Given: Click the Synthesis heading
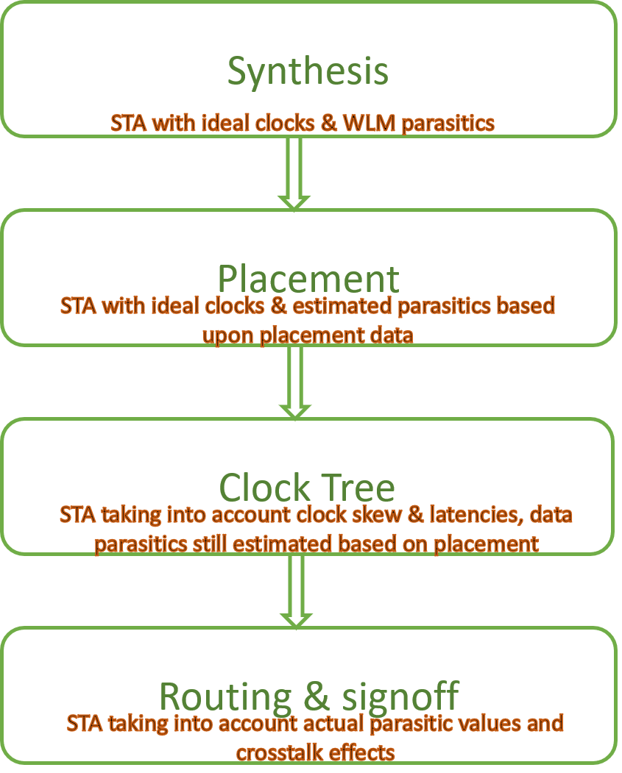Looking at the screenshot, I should [308, 71].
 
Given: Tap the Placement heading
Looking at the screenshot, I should [308, 279].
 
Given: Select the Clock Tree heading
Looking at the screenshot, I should [307, 488].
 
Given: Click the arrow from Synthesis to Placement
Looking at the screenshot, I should [294, 173].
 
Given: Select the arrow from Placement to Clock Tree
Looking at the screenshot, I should [294, 382].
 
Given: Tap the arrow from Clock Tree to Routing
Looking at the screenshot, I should [294, 591].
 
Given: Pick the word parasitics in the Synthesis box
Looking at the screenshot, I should [448, 123].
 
